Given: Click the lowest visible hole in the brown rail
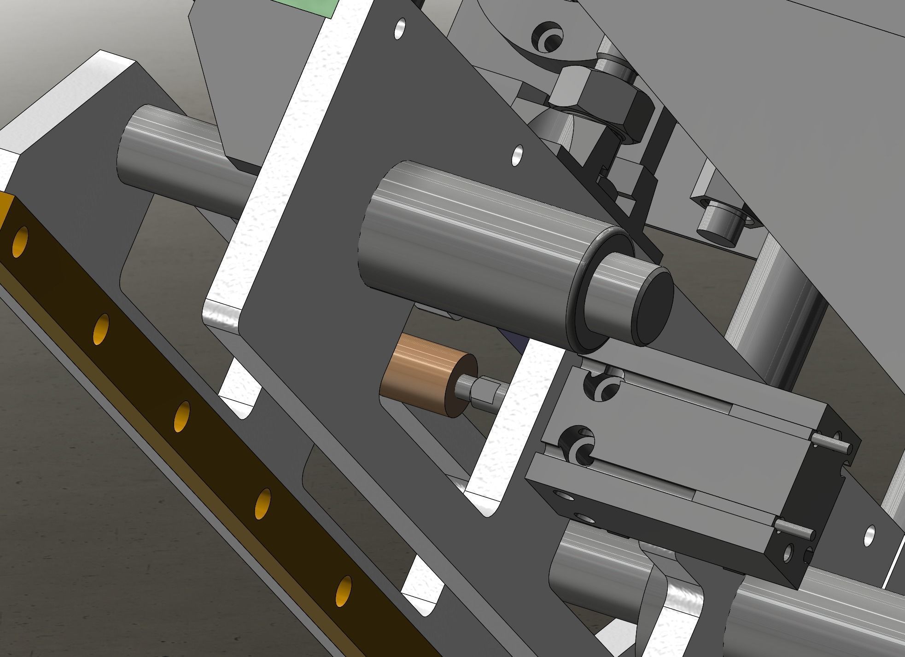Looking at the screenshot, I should [343, 591].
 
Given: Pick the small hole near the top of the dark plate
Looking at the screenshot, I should [401, 29].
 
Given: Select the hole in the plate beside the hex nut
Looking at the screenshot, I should [518, 155].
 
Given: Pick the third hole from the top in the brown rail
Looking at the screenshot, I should [182, 416].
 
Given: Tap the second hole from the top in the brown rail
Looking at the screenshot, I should [101, 329].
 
